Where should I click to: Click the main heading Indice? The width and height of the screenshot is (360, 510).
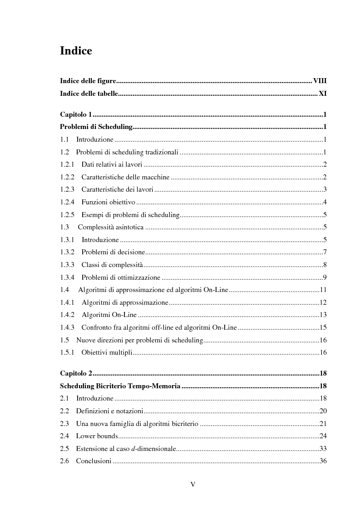pyautogui.click(x=76, y=51)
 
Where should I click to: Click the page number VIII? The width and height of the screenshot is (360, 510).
pyautogui.click(x=320, y=81)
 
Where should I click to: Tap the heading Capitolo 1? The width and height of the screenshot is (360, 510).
pyautogui.click(x=76, y=114)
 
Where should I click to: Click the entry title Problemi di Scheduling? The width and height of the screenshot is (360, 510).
pyautogui.click(x=96, y=127)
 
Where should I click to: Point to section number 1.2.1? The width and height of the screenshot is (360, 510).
pyautogui.click(x=67, y=164)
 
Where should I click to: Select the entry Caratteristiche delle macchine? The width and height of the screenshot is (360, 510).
pyautogui.click(x=125, y=177)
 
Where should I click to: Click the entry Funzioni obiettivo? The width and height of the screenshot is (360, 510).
pyautogui.click(x=108, y=202)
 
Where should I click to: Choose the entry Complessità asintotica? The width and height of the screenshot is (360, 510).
pyautogui.click(x=111, y=227)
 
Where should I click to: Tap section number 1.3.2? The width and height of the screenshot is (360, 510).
pyautogui.click(x=67, y=252)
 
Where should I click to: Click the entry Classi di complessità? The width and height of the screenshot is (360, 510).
pyautogui.click(x=112, y=265)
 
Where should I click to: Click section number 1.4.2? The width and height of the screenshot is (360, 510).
pyautogui.click(x=67, y=315)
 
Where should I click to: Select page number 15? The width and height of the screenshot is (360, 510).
pyautogui.click(x=323, y=327)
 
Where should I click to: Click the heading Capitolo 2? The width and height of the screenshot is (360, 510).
pyautogui.click(x=76, y=373)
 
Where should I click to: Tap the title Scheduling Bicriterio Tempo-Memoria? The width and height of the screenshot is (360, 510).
pyautogui.click(x=120, y=386)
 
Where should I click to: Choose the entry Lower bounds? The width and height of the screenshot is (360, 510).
pyautogui.click(x=97, y=436)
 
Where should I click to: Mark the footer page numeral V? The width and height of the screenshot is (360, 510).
pyautogui.click(x=192, y=484)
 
